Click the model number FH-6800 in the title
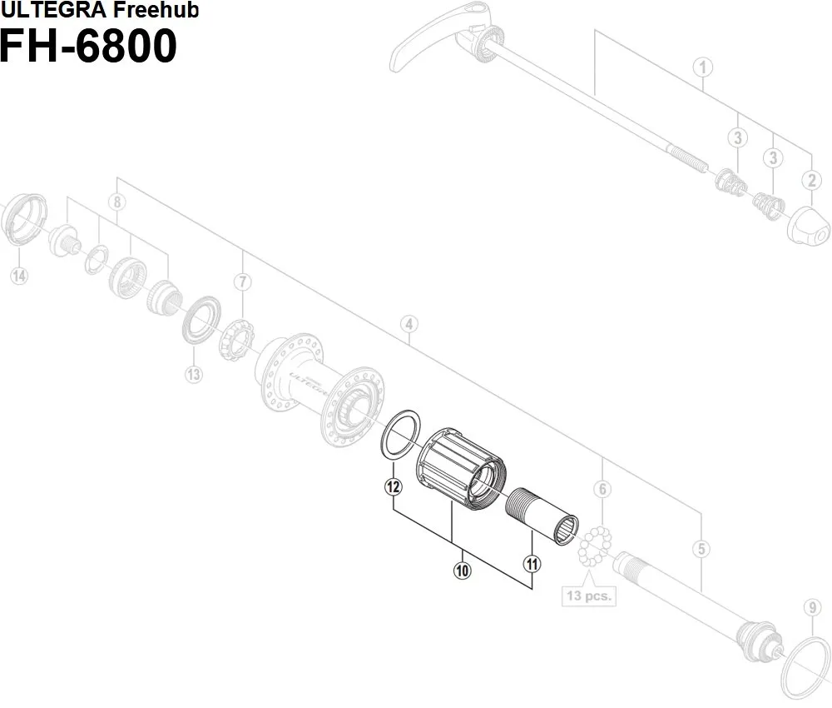point(88,46)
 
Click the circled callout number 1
point(703,67)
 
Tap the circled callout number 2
point(811,178)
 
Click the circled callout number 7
point(242,282)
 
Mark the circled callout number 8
point(117,202)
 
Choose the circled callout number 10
point(462,571)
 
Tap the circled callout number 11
point(532,564)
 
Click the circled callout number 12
point(394,487)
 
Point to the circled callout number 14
point(18,277)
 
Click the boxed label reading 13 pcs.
point(587,596)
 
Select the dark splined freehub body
point(462,471)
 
